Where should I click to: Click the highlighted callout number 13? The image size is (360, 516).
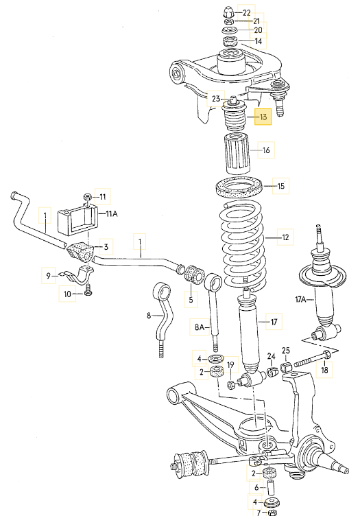click(x=263, y=117)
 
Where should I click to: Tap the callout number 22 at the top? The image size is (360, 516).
click(x=248, y=13)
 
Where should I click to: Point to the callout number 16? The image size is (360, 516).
click(x=266, y=149)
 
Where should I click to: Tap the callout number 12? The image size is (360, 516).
click(x=285, y=238)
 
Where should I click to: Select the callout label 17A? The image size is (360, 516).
click(x=300, y=300)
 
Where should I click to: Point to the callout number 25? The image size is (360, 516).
click(x=286, y=351)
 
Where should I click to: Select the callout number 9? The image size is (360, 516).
click(x=48, y=277)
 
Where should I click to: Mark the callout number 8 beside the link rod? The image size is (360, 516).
click(x=148, y=316)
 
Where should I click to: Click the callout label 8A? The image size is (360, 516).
click(x=200, y=329)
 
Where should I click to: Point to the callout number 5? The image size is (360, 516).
click(x=192, y=299)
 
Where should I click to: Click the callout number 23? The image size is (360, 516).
click(x=216, y=99)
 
